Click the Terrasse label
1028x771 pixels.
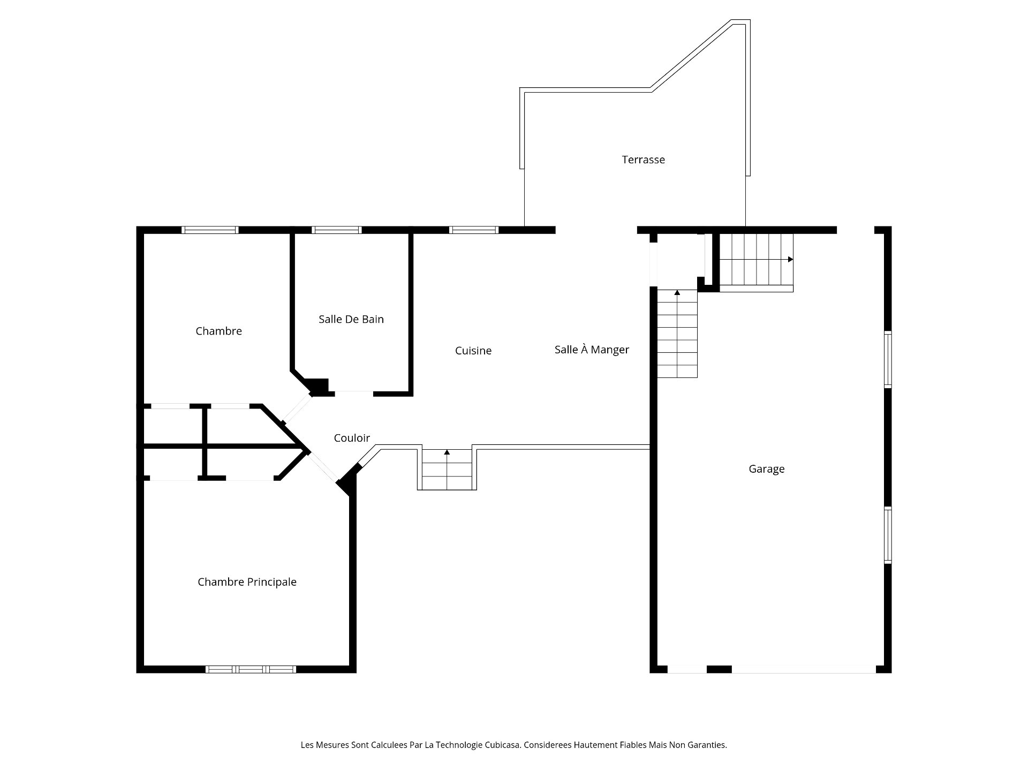click(x=643, y=160)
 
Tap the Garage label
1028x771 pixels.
click(x=766, y=469)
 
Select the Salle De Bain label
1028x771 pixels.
click(x=351, y=319)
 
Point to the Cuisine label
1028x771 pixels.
click(x=473, y=351)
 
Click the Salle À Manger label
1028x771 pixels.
click(x=592, y=350)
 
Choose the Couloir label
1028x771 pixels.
click(x=352, y=438)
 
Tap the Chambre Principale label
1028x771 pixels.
click(x=247, y=582)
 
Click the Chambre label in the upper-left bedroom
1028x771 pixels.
click(x=218, y=331)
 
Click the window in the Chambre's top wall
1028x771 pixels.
click(x=210, y=230)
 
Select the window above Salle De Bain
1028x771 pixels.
click(x=336, y=230)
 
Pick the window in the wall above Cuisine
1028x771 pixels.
click(x=473, y=230)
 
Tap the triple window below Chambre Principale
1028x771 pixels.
click(x=251, y=669)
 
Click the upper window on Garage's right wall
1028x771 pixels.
click(x=888, y=359)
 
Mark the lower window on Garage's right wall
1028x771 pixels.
click(x=888, y=535)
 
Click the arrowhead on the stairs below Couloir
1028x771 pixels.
click(x=447, y=452)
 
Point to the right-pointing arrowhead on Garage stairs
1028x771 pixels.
click(x=790, y=259)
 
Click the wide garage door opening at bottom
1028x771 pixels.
click(x=803, y=669)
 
